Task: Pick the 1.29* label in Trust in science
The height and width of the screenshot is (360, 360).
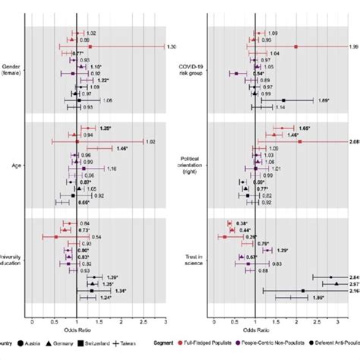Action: (x=283, y=250)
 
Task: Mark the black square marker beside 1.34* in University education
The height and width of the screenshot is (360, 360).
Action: (x=92, y=290)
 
